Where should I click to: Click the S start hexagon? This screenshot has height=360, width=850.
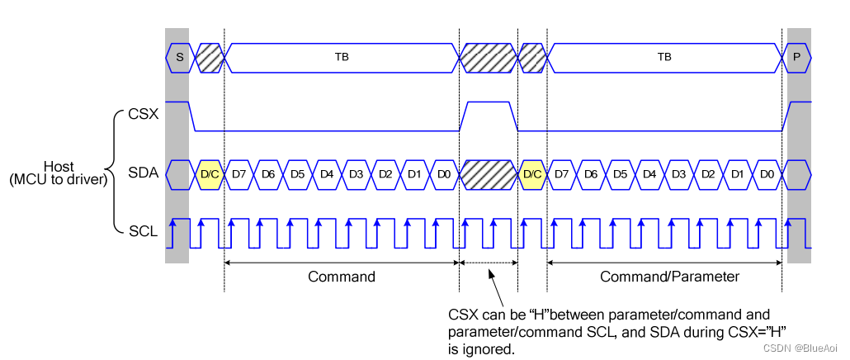pos(178,57)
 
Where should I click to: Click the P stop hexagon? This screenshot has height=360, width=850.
pos(796,57)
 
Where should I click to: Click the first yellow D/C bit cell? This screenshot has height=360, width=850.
pos(210,175)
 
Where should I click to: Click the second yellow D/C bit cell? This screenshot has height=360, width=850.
pos(532,175)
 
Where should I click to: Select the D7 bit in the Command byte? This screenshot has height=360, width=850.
pos(239,175)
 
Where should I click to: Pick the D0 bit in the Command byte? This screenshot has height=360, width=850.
pos(444,175)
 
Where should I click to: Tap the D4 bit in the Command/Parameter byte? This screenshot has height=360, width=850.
pos(649,175)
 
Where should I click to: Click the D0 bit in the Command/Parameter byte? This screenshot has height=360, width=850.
pos(767,175)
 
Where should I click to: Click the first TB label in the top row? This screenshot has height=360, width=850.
pos(341,57)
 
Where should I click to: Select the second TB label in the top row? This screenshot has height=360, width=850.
pos(663,57)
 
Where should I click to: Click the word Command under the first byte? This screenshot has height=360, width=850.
pos(341,277)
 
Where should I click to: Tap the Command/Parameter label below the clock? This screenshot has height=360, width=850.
pos(669,277)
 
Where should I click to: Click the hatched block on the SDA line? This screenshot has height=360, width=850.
pos(488,175)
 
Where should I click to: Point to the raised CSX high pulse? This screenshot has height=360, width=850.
pos(488,103)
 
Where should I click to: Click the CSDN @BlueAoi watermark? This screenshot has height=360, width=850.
pos(800,348)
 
